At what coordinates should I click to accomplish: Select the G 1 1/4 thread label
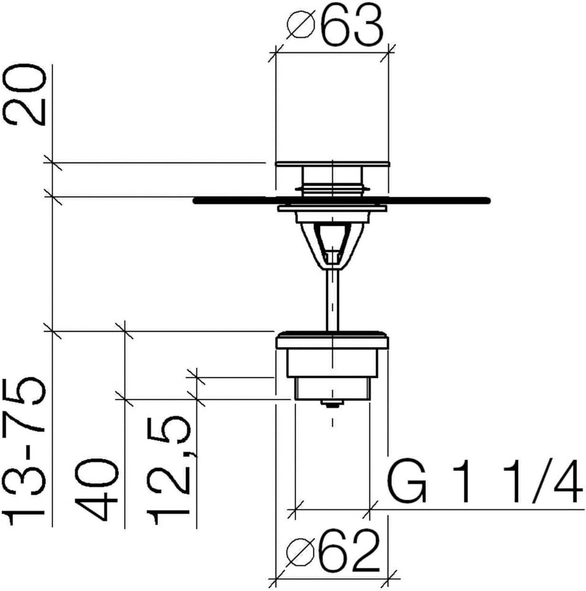point(485,481)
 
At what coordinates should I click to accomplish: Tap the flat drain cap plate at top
point(332,164)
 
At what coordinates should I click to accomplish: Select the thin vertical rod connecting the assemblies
point(332,299)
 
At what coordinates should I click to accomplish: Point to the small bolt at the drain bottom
point(332,403)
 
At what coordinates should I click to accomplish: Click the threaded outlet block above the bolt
point(332,388)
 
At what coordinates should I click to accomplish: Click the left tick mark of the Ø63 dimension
point(275,53)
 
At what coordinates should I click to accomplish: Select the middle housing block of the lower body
point(332,362)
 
